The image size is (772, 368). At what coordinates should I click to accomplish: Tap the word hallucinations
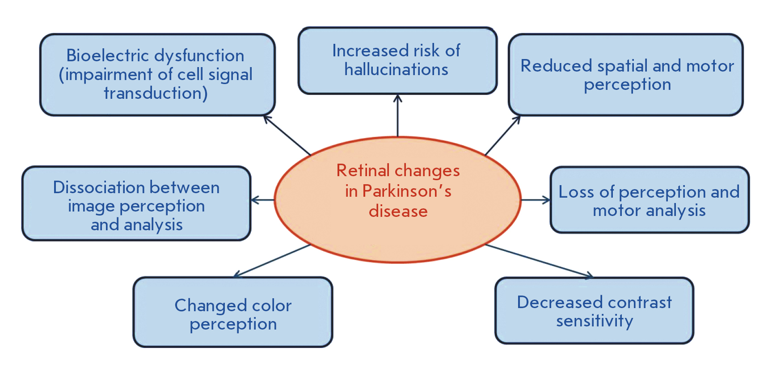tap(397, 69)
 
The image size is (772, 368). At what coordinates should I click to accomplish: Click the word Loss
tap(577, 192)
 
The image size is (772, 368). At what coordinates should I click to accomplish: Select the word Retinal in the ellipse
tap(363, 170)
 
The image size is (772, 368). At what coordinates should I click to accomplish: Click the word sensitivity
tap(595, 321)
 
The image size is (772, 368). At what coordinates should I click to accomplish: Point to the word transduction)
tap(156, 93)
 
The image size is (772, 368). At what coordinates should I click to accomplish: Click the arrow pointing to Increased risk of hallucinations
tap(397, 115)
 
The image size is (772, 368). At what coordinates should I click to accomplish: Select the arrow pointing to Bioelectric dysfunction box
tap(287, 135)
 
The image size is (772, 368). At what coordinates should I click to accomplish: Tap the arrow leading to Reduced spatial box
tap(503, 135)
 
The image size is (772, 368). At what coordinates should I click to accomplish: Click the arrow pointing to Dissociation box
tap(263, 200)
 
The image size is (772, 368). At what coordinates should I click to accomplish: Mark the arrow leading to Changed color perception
tap(272, 260)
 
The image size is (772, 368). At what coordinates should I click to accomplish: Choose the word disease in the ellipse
tap(398, 211)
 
